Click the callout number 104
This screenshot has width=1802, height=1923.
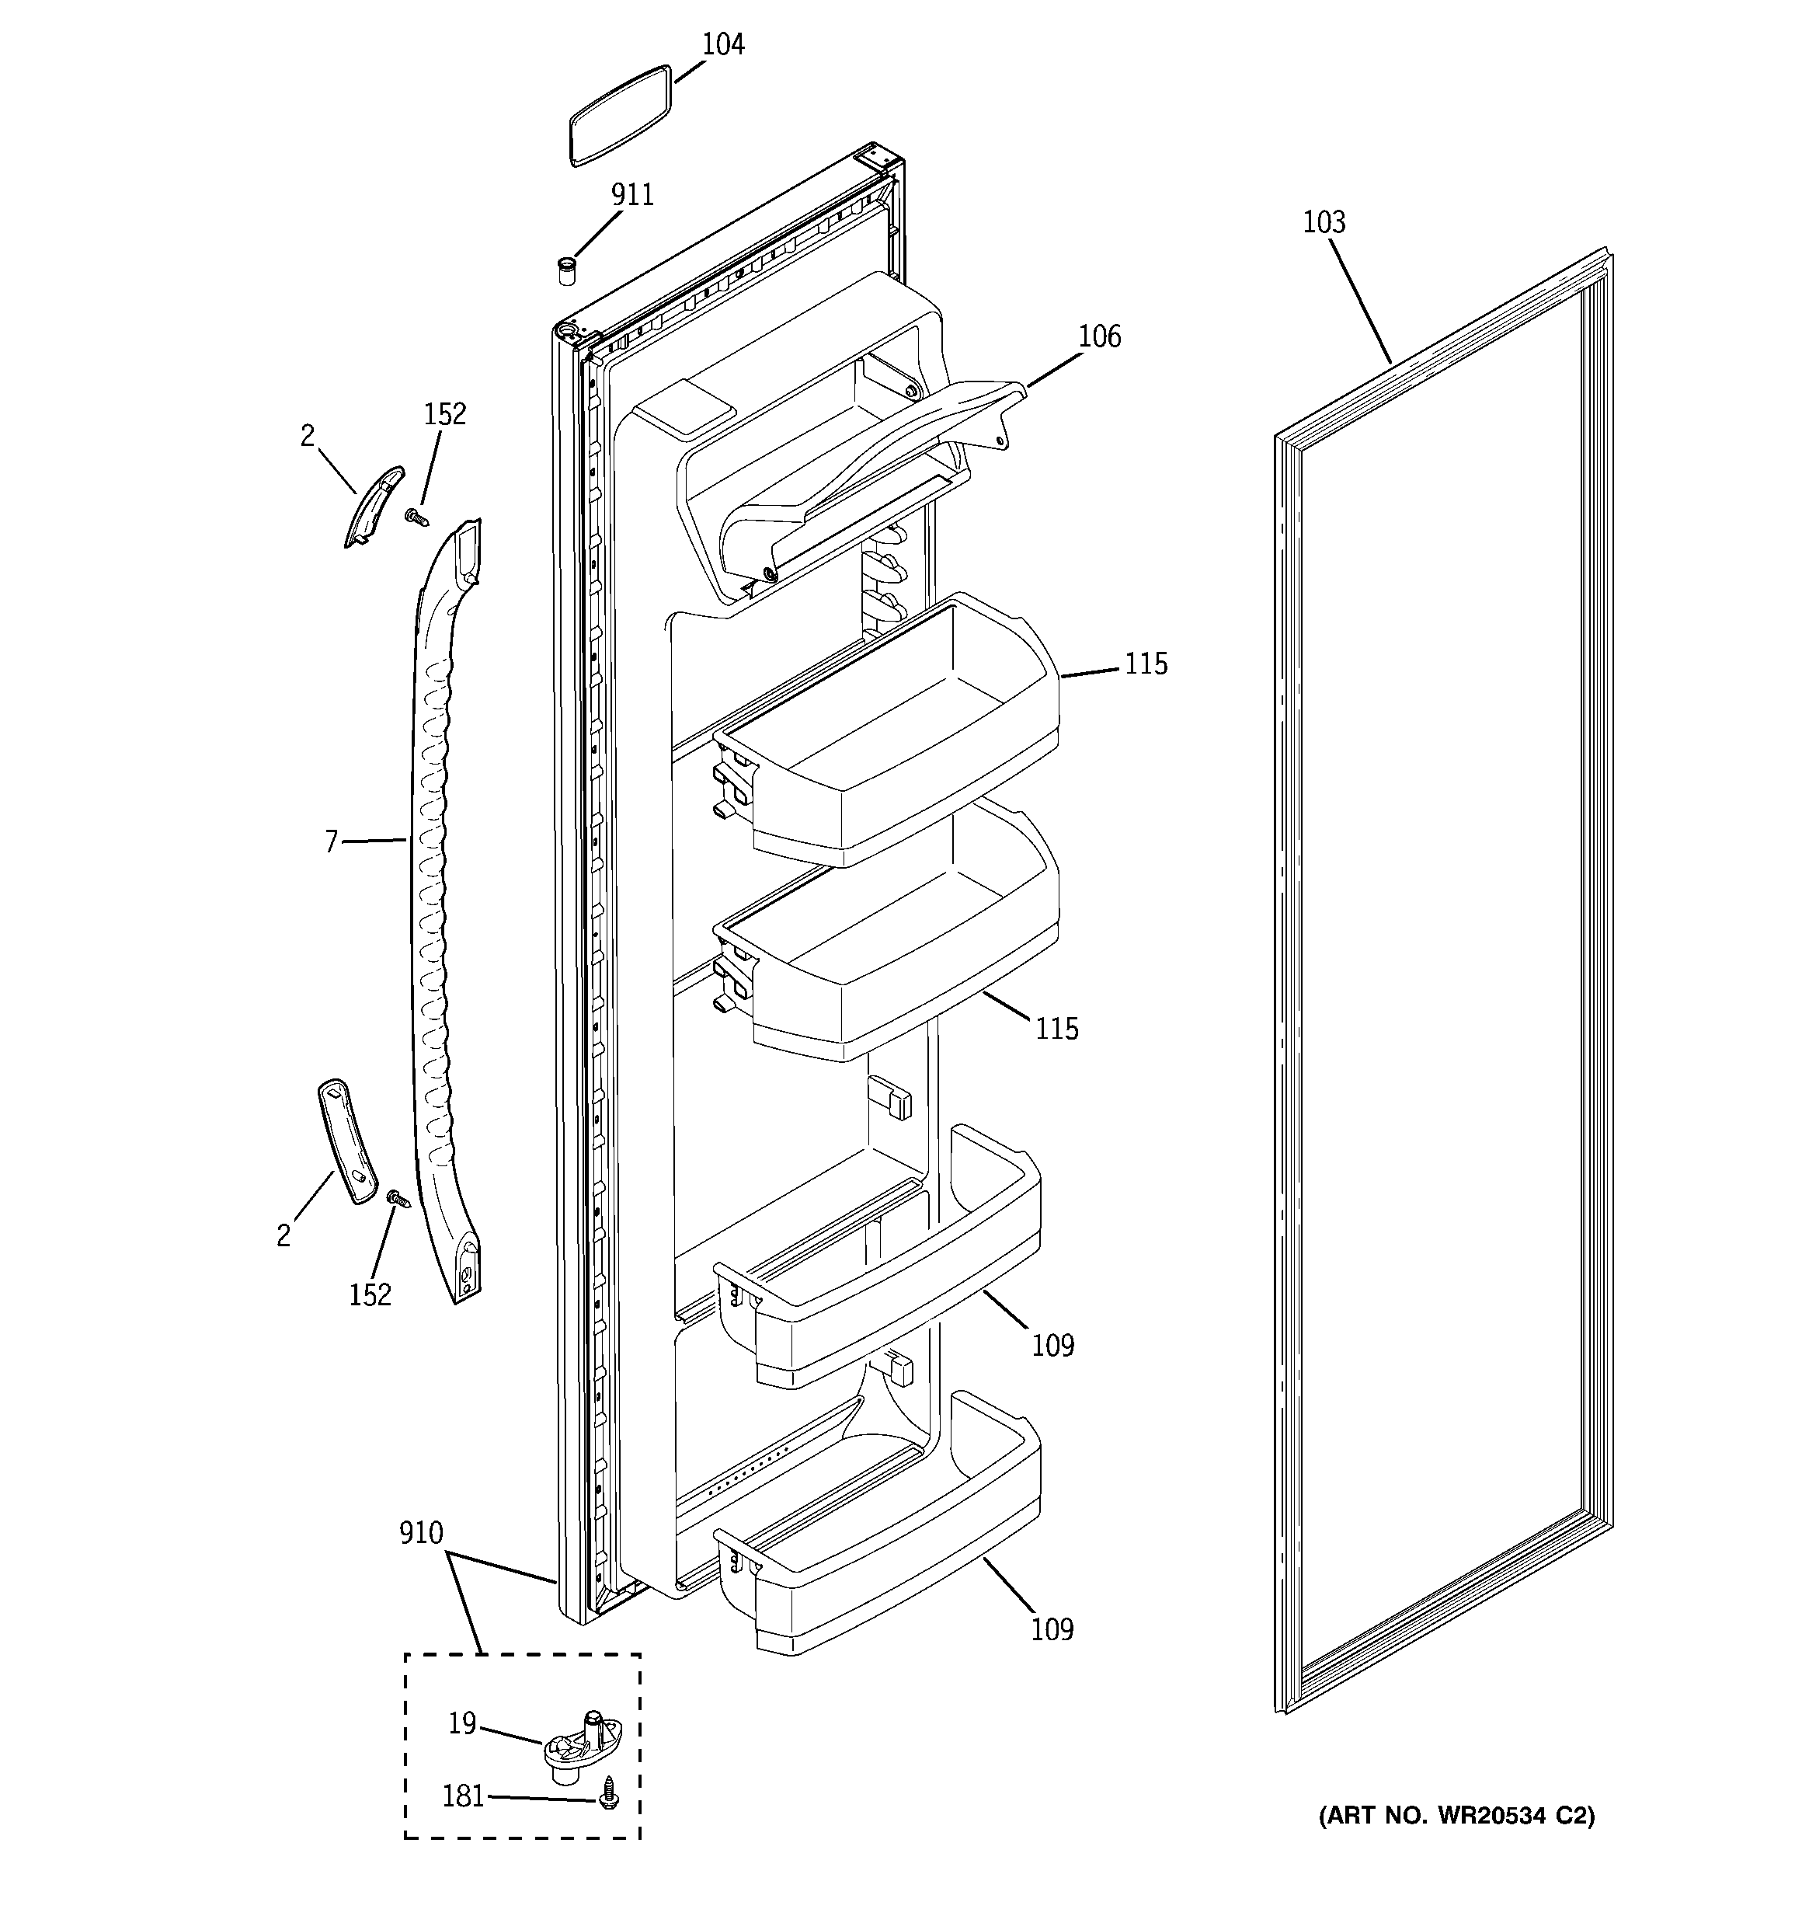click(722, 44)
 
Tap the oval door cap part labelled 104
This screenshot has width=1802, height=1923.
click(619, 115)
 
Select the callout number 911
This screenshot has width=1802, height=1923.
click(631, 195)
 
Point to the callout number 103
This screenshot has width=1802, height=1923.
click(1324, 222)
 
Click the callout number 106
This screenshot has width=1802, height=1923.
click(1100, 336)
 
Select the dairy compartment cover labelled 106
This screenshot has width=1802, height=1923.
click(871, 465)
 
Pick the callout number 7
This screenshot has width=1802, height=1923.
click(331, 842)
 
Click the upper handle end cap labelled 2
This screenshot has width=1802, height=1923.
click(372, 505)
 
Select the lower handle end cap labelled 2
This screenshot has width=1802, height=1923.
click(346, 1141)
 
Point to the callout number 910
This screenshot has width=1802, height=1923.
click(421, 1533)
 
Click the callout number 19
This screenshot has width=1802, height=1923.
click(462, 1723)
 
